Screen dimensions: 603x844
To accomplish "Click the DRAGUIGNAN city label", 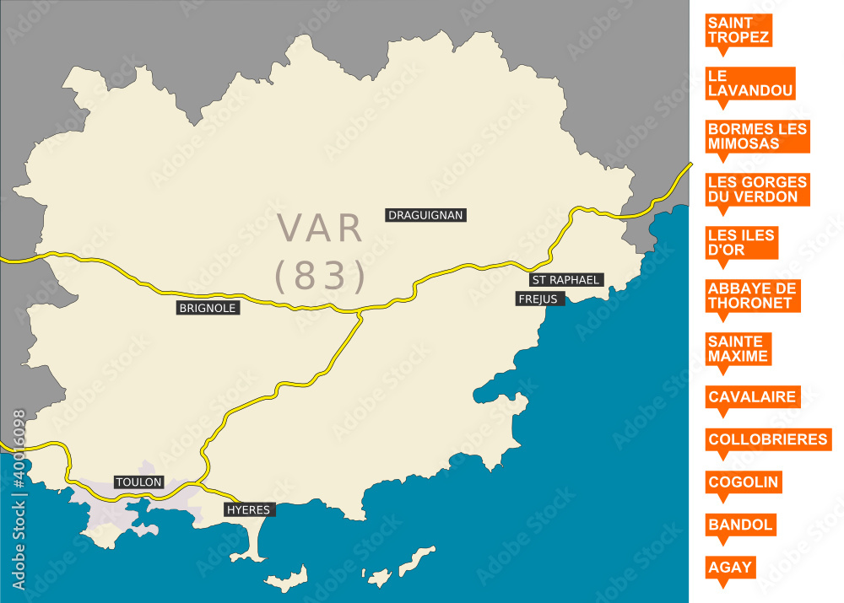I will [425, 215].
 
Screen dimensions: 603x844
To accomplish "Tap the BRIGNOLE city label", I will [208, 308].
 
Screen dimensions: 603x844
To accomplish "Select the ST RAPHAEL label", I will [565, 279].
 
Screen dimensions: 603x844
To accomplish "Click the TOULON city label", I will [138, 482].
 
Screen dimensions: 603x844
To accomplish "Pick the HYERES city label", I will [249, 509].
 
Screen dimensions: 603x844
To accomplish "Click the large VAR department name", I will [322, 229].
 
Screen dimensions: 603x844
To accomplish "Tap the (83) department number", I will [322, 275].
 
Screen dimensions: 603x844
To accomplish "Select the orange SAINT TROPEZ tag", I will [738, 30].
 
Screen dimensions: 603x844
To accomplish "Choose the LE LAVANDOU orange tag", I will [751, 83].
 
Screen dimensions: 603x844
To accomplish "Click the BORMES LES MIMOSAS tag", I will [757, 136].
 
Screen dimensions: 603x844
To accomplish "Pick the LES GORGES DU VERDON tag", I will [757, 189].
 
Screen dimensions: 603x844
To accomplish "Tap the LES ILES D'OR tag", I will [741, 243].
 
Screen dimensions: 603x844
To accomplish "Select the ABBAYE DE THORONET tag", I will [752, 296].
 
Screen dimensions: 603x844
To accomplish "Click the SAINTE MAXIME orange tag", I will [738, 348].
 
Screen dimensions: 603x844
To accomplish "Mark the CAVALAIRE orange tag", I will [752, 396].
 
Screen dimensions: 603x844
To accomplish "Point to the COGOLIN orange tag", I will [743, 482].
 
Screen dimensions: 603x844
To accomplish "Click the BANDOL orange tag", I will [740, 525].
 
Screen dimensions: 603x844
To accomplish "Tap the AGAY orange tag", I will [730, 567].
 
